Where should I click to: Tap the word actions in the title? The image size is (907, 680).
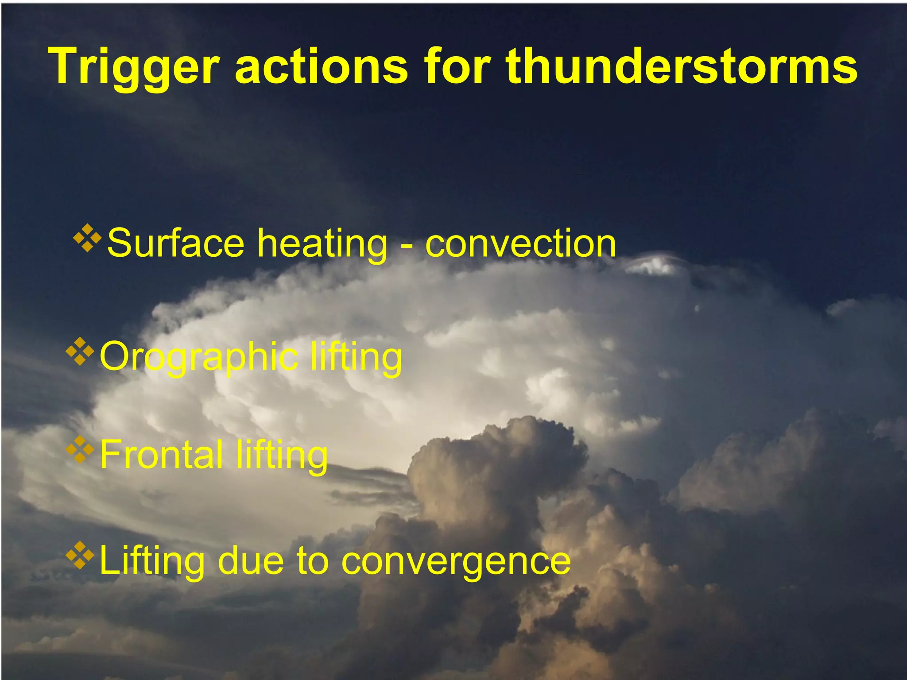[321, 66]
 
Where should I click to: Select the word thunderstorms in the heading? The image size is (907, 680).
[682, 66]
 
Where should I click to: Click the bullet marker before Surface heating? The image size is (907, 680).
[87, 238]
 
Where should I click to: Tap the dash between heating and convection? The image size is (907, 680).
[406, 246]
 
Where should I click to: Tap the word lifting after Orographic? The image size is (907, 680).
[356, 357]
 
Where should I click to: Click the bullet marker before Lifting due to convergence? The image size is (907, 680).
[80, 555]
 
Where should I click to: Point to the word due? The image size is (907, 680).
[251, 560]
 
